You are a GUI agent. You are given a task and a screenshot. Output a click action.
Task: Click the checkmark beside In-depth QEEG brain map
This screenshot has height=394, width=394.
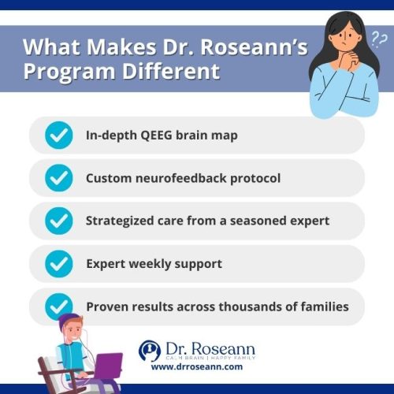coord(58,136)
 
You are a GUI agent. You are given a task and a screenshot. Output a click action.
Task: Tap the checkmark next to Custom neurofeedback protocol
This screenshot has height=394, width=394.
coord(58,178)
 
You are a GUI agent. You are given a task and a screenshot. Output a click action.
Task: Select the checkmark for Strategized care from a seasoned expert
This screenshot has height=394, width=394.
coord(58,221)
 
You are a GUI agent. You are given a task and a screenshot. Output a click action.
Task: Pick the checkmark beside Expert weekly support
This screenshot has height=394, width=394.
coord(58,263)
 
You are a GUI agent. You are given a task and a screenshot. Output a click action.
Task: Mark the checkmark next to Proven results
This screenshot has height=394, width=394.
coord(58,306)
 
